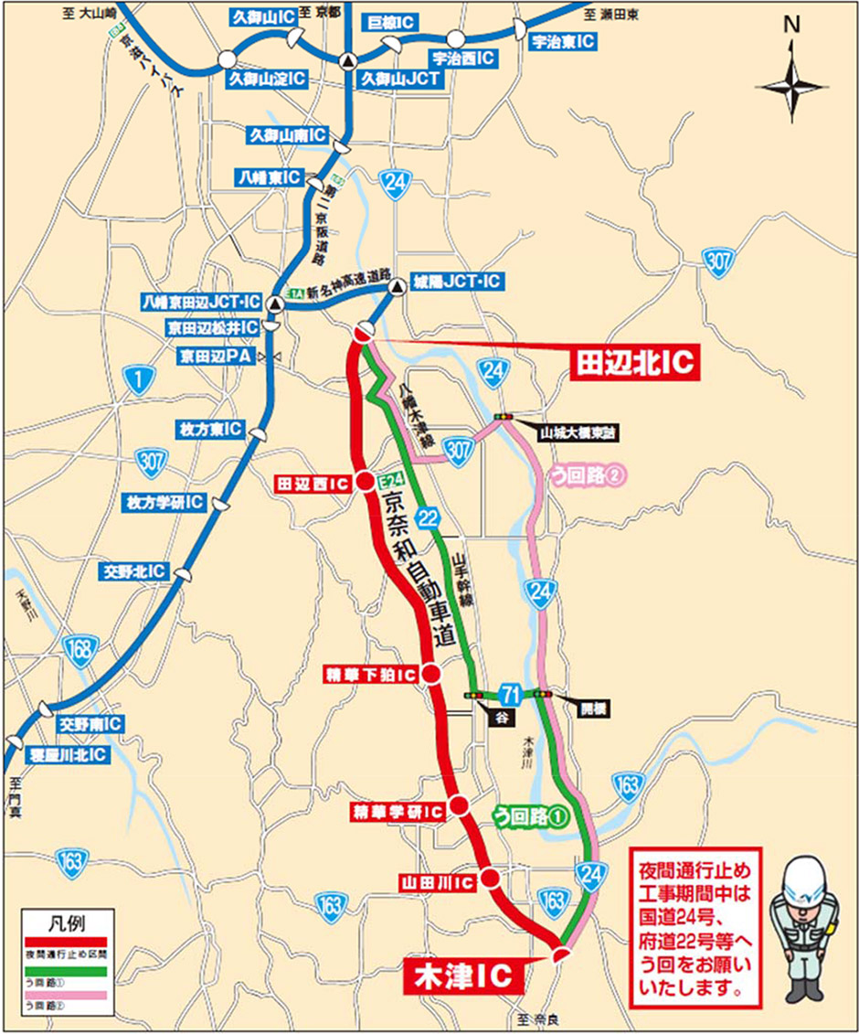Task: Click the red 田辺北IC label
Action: [634, 364]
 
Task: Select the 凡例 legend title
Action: [69, 920]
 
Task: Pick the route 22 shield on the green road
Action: [427, 518]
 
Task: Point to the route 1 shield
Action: [137, 382]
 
